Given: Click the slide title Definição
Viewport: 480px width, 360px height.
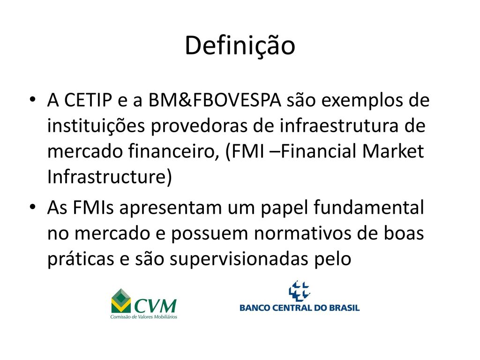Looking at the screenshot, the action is pos(240,46).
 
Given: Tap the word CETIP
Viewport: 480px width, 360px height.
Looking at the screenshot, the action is pos(88,100).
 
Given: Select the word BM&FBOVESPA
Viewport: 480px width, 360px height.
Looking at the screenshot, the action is pos(215,100).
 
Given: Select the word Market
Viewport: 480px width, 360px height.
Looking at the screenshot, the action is pos(393,151).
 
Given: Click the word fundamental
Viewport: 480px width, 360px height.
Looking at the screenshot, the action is pos(369,207).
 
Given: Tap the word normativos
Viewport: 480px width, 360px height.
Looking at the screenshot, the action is pos(303,233).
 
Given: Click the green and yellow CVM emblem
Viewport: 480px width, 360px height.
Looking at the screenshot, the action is pos(121,301).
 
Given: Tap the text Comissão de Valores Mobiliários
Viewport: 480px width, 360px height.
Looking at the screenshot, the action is pos(144,317).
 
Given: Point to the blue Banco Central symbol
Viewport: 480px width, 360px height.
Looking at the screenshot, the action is pos(299,291).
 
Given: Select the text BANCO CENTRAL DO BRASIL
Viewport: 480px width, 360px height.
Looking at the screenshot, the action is pos(300,307).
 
